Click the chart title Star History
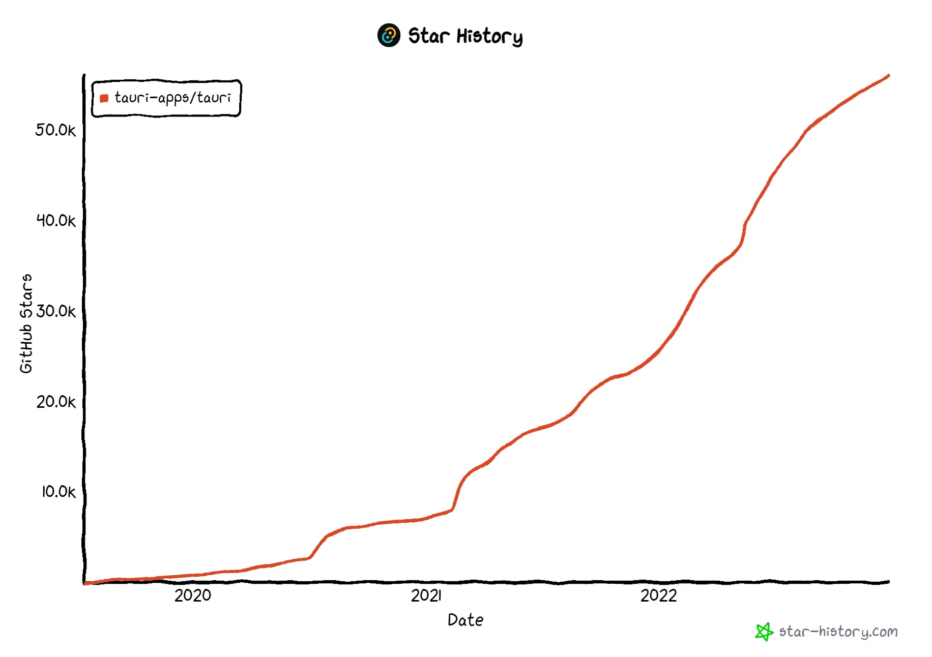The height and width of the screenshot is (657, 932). (x=465, y=36)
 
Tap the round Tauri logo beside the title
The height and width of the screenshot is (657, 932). (x=389, y=36)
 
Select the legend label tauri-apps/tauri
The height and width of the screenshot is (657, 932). (x=172, y=98)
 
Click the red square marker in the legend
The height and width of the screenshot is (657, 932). (x=104, y=98)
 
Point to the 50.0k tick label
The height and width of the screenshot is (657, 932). (x=55, y=130)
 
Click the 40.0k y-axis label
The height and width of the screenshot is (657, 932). (x=55, y=221)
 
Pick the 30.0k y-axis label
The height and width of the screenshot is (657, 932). (x=55, y=311)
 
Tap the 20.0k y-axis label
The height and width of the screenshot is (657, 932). (x=55, y=402)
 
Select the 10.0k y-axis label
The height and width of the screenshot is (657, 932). (x=58, y=492)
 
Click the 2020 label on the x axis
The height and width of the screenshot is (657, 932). (x=192, y=595)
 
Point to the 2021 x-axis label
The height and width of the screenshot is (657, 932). (x=426, y=595)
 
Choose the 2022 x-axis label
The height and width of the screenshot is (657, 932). (x=658, y=595)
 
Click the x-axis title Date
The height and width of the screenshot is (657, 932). (x=465, y=620)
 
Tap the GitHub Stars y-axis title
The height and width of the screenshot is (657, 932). (x=26, y=323)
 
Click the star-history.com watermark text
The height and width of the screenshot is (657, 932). (x=838, y=632)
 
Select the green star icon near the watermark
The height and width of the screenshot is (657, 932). (x=764, y=632)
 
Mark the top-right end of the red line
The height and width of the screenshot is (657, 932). (x=888, y=76)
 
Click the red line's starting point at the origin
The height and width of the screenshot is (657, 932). (x=85, y=583)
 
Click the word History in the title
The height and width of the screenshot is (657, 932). (x=489, y=37)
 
